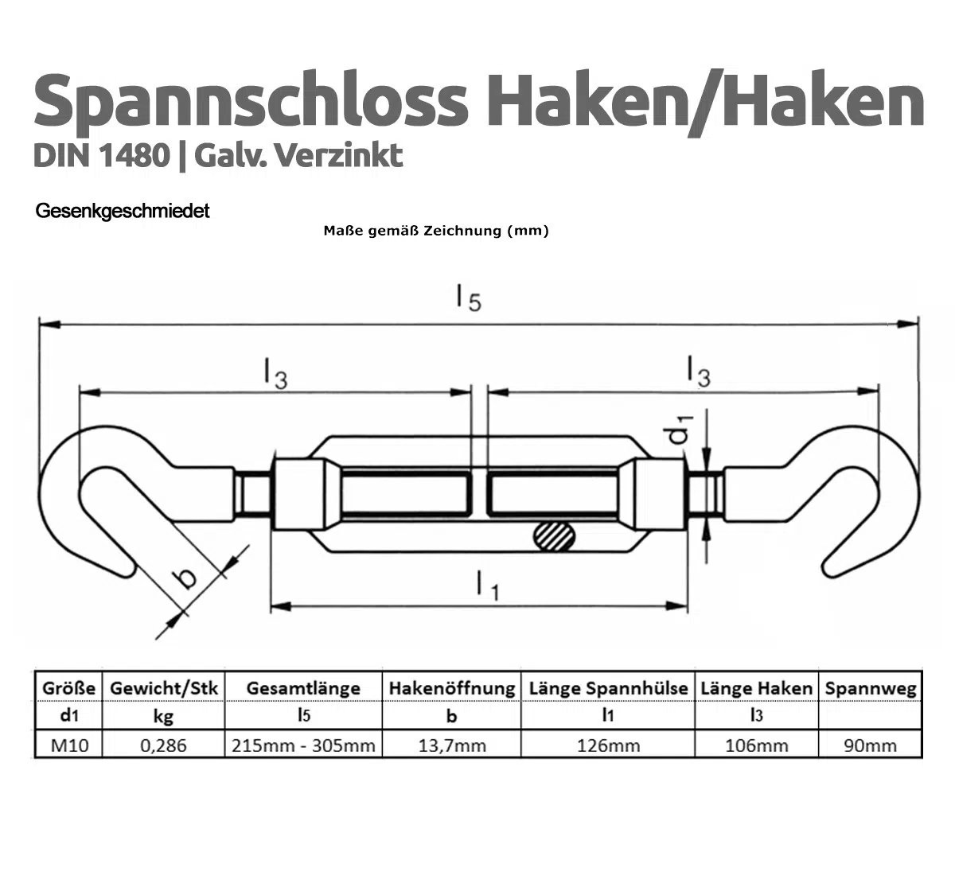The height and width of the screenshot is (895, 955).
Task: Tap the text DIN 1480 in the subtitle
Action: pyautogui.click(x=100, y=155)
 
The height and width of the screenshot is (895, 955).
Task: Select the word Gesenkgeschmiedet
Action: pyautogui.click(x=123, y=212)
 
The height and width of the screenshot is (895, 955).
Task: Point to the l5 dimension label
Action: pyautogui.click(x=468, y=298)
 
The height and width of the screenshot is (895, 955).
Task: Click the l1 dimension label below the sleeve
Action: pyautogui.click(x=486, y=586)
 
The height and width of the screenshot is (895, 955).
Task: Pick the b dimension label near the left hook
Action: pyautogui.click(x=186, y=575)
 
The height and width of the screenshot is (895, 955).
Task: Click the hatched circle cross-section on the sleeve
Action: pyautogui.click(x=555, y=536)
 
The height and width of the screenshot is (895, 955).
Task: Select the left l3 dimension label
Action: pyautogui.click(x=275, y=374)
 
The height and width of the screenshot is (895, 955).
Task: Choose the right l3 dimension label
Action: pyautogui.click(x=697, y=372)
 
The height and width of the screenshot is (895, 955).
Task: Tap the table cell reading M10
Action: pyautogui.click(x=69, y=745)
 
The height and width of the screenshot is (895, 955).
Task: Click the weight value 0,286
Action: pyautogui.click(x=163, y=745)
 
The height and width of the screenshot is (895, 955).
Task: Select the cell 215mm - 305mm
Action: pyautogui.click(x=303, y=745)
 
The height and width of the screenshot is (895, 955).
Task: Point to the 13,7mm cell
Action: pyautogui.click(x=451, y=745)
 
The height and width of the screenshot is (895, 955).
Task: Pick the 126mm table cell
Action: pyautogui.click(x=608, y=745)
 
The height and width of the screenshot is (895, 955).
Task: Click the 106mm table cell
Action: pyautogui.click(x=756, y=745)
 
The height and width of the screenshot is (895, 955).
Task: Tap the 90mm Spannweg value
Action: pyautogui.click(x=870, y=745)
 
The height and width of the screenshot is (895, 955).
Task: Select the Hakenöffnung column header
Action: pyautogui.click(x=451, y=688)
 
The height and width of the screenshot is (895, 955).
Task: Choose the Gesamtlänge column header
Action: pyautogui.click(x=303, y=688)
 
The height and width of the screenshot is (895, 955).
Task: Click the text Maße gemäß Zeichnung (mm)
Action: pyautogui.click(x=436, y=232)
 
